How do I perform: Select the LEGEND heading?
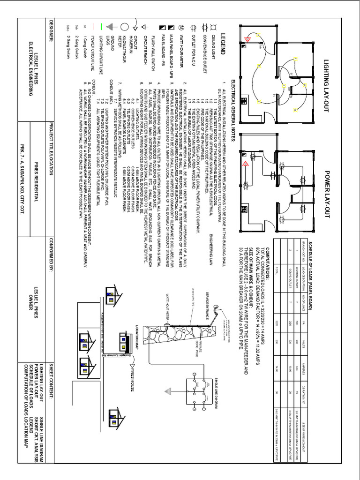[225, 46]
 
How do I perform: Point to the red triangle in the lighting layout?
[250, 37]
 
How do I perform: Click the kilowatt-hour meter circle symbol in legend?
[125, 27]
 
